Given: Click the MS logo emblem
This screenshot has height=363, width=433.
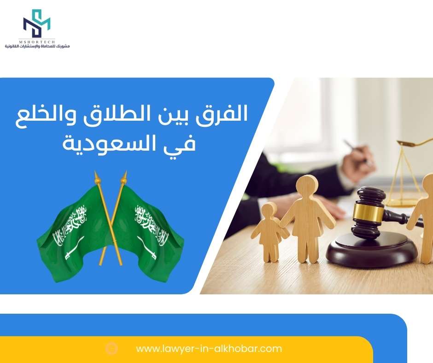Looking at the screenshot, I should tap(36, 23).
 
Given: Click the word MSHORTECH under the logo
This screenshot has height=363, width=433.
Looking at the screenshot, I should tap(37, 41).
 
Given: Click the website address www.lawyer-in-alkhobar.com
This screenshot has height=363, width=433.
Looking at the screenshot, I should tap(209, 349).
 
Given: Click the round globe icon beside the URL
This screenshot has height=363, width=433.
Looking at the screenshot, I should tap(111, 349).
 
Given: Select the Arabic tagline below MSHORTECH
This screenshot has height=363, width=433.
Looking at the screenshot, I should tap(37, 46).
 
